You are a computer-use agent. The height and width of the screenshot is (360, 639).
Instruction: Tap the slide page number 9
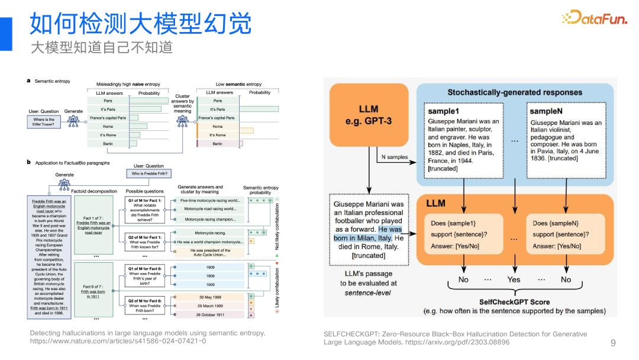(x=613, y=343)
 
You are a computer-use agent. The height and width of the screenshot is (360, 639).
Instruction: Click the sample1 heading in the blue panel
(x=444, y=111)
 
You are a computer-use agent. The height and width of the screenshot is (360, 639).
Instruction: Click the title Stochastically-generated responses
(x=514, y=92)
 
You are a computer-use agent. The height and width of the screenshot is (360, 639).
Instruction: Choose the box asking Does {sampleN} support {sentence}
(x=566, y=234)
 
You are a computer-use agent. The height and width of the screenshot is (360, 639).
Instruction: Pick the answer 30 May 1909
(x=211, y=297)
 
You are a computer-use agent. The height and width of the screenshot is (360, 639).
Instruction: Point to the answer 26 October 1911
(x=211, y=314)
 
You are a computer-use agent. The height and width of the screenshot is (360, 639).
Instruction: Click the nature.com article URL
(x=118, y=341)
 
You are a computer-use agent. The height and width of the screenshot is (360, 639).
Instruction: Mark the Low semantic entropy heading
(x=238, y=85)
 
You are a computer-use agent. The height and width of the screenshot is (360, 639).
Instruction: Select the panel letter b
(x=28, y=162)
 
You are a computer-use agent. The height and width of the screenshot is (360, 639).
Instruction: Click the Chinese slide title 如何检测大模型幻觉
(x=141, y=25)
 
